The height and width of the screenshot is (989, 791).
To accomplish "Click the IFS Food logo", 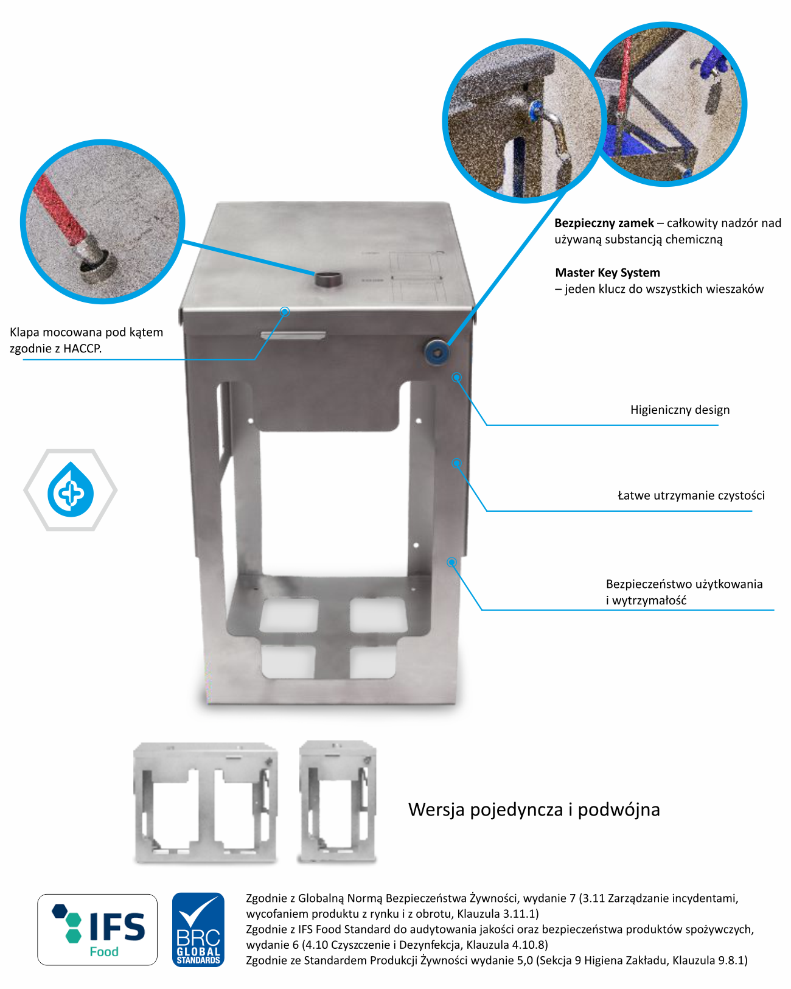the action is pos(97,929).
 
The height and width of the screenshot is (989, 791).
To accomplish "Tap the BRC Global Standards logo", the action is pos(198,929).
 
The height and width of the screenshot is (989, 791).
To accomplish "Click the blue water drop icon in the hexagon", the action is pos(71,489).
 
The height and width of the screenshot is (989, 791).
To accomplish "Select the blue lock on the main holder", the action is pos(436,352).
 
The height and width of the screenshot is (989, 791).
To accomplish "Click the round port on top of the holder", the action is pos(329,279).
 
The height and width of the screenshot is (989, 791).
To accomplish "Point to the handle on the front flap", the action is pos(293,335).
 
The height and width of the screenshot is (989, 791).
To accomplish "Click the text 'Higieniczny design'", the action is pos(680,410).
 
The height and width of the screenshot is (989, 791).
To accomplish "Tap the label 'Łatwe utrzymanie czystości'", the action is pos(691,495).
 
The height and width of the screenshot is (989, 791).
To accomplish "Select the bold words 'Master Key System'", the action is pos(607,273).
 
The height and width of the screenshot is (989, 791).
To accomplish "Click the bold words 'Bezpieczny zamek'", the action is pos(604,223).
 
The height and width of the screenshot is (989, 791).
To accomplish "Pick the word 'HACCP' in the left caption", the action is pos(82,348).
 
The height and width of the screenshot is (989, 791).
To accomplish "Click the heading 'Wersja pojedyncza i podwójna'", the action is pos(534,810).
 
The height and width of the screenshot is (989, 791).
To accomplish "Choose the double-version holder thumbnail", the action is pos(206,802).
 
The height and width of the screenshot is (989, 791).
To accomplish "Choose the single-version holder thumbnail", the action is pos(337,802).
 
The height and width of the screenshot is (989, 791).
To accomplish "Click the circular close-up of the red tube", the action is pos(102,222).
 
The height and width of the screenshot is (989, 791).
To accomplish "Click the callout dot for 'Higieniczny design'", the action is pos(456,377).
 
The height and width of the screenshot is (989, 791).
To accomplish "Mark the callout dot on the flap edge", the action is pos(285,312).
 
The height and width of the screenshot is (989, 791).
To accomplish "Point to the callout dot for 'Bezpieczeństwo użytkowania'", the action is pos(452,562).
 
